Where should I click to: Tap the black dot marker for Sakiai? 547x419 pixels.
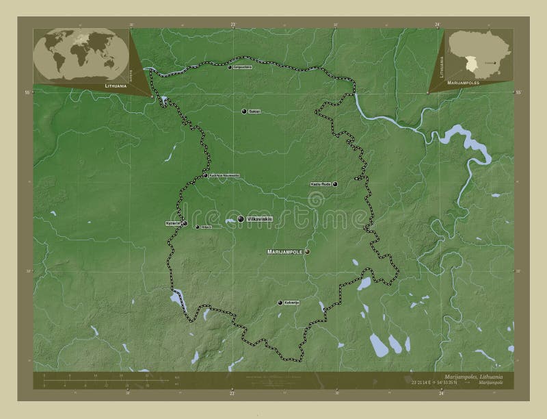(244, 111)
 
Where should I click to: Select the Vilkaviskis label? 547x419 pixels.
(260, 218)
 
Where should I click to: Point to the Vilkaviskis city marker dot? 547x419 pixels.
(241, 218)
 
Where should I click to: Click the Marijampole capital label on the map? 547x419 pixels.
(284, 252)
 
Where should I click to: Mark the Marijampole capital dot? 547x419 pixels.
(307, 252)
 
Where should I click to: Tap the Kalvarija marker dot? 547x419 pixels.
(280, 303)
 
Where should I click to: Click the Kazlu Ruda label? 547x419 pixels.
(321, 184)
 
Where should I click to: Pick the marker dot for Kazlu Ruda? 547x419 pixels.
(335, 184)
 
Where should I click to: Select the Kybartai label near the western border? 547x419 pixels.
(173, 223)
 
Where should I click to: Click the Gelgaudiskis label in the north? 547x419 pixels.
(243, 67)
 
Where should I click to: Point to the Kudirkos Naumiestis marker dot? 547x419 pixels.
(206, 175)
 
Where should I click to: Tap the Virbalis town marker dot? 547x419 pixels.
(197, 227)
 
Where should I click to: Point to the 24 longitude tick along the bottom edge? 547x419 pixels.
(442, 393)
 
